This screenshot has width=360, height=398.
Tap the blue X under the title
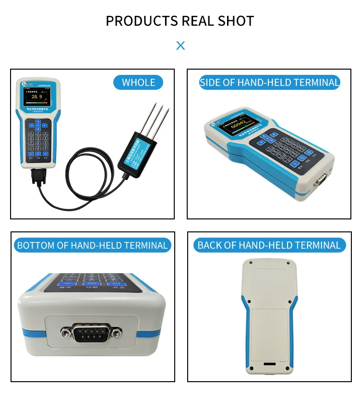(x=180, y=46)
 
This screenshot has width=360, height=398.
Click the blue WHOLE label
(x=138, y=82)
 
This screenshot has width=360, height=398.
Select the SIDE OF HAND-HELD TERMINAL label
(x=269, y=82)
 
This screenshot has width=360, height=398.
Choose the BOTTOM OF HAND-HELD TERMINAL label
(x=92, y=245)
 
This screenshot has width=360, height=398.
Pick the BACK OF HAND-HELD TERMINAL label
(x=269, y=245)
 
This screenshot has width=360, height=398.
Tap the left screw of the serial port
(x=65, y=332)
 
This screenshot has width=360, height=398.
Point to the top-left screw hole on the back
(x=250, y=263)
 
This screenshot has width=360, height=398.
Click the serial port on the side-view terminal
(x=320, y=181)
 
